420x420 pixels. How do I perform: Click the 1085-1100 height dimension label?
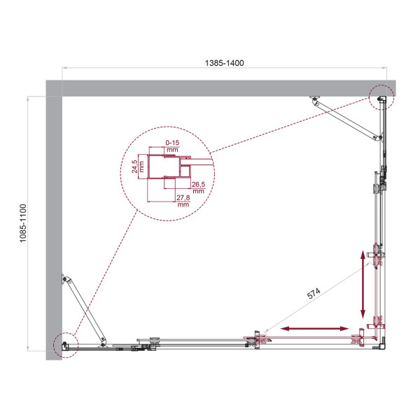(x=23, y=223)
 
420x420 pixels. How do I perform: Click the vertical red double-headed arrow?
(x=363, y=283)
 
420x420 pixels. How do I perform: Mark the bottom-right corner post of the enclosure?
(x=381, y=344)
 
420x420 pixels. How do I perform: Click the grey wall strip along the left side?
(x=54, y=224)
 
